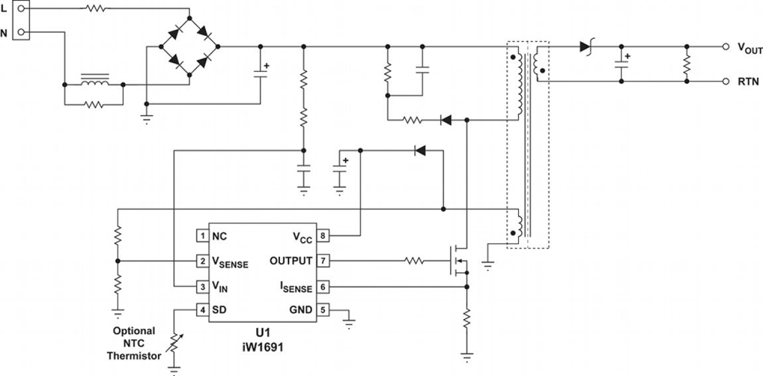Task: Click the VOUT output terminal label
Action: click(749, 48)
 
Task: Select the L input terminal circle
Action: click(21, 9)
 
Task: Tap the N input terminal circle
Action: click(21, 32)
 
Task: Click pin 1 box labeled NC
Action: click(201, 236)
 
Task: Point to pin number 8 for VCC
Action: click(323, 236)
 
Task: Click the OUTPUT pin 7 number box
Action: click(323, 261)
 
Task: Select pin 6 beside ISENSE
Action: click(323, 285)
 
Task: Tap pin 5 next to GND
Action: click(323, 310)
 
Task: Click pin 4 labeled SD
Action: click(201, 310)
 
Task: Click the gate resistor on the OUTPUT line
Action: click(416, 261)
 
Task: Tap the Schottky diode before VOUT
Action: click(586, 46)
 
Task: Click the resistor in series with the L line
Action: click(95, 9)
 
